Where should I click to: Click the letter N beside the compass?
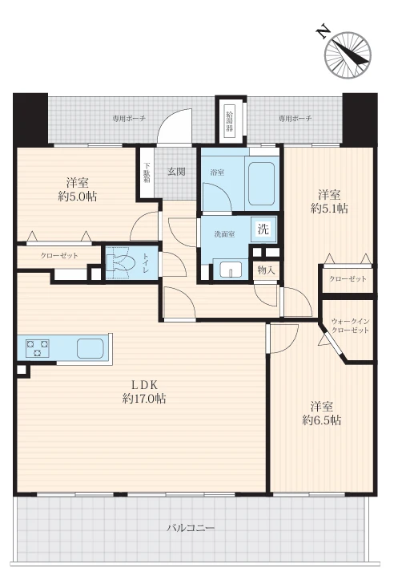(x=323, y=32)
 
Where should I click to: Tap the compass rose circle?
(x=348, y=55)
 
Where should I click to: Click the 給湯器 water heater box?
(x=229, y=123)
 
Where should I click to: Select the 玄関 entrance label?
(x=177, y=172)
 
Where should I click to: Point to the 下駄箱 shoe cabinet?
(x=147, y=172)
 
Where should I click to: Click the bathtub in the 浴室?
(x=261, y=184)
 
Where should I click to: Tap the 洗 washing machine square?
(x=263, y=229)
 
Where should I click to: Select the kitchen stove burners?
(x=37, y=348)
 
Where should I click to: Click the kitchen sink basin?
(x=90, y=348)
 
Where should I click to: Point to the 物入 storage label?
(x=266, y=270)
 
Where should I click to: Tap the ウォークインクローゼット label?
(x=350, y=326)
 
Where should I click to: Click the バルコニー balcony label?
(x=191, y=528)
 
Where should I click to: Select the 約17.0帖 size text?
(x=144, y=399)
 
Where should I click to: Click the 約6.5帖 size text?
(x=322, y=420)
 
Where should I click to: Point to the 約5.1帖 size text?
(x=329, y=209)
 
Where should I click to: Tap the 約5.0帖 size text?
(x=78, y=197)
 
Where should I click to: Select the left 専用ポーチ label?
(x=129, y=118)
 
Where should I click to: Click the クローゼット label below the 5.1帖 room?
(x=348, y=279)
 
